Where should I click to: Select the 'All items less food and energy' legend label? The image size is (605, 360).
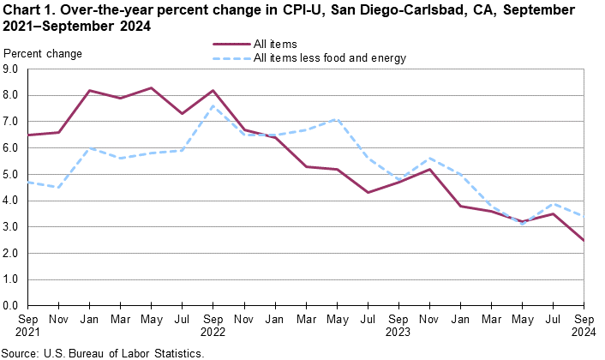[x=330, y=58]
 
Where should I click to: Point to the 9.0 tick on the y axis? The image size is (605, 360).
[x=12, y=69]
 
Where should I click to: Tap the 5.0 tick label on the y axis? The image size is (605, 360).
[x=12, y=174]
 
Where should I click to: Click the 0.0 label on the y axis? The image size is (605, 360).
[x=12, y=305]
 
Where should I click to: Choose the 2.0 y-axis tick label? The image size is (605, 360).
[x=12, y=253]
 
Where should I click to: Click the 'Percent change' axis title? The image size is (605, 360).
[x=43, y=54]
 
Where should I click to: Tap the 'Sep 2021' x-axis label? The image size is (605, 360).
[x=28, y=325]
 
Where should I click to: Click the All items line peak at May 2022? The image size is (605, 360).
[x=151, y=88]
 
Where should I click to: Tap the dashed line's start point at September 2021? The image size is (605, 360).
[x=29, y=182]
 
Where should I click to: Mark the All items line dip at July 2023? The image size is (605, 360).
[x=368, y=192]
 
